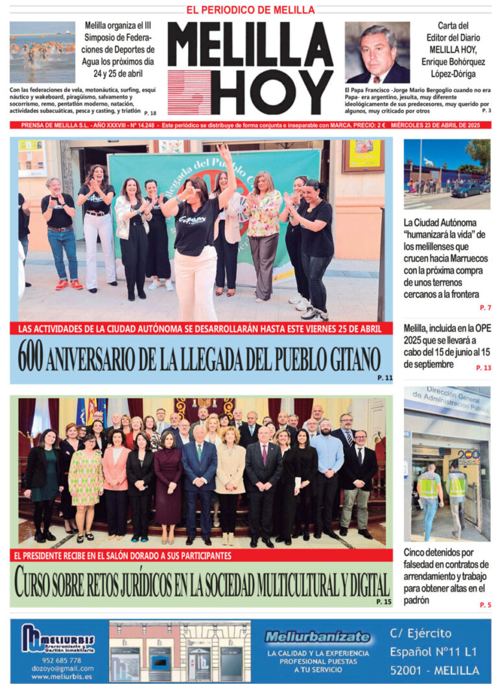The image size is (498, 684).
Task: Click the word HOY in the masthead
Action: point(272,91)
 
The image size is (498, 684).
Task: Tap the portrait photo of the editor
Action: point(377,53)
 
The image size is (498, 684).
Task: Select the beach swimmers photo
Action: point(42,52)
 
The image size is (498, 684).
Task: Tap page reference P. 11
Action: point(385,378)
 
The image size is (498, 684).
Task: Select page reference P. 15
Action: point(384,602)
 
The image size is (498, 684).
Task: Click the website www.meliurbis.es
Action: point(62,676)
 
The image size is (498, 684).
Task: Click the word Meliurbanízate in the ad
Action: point(317,637)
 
